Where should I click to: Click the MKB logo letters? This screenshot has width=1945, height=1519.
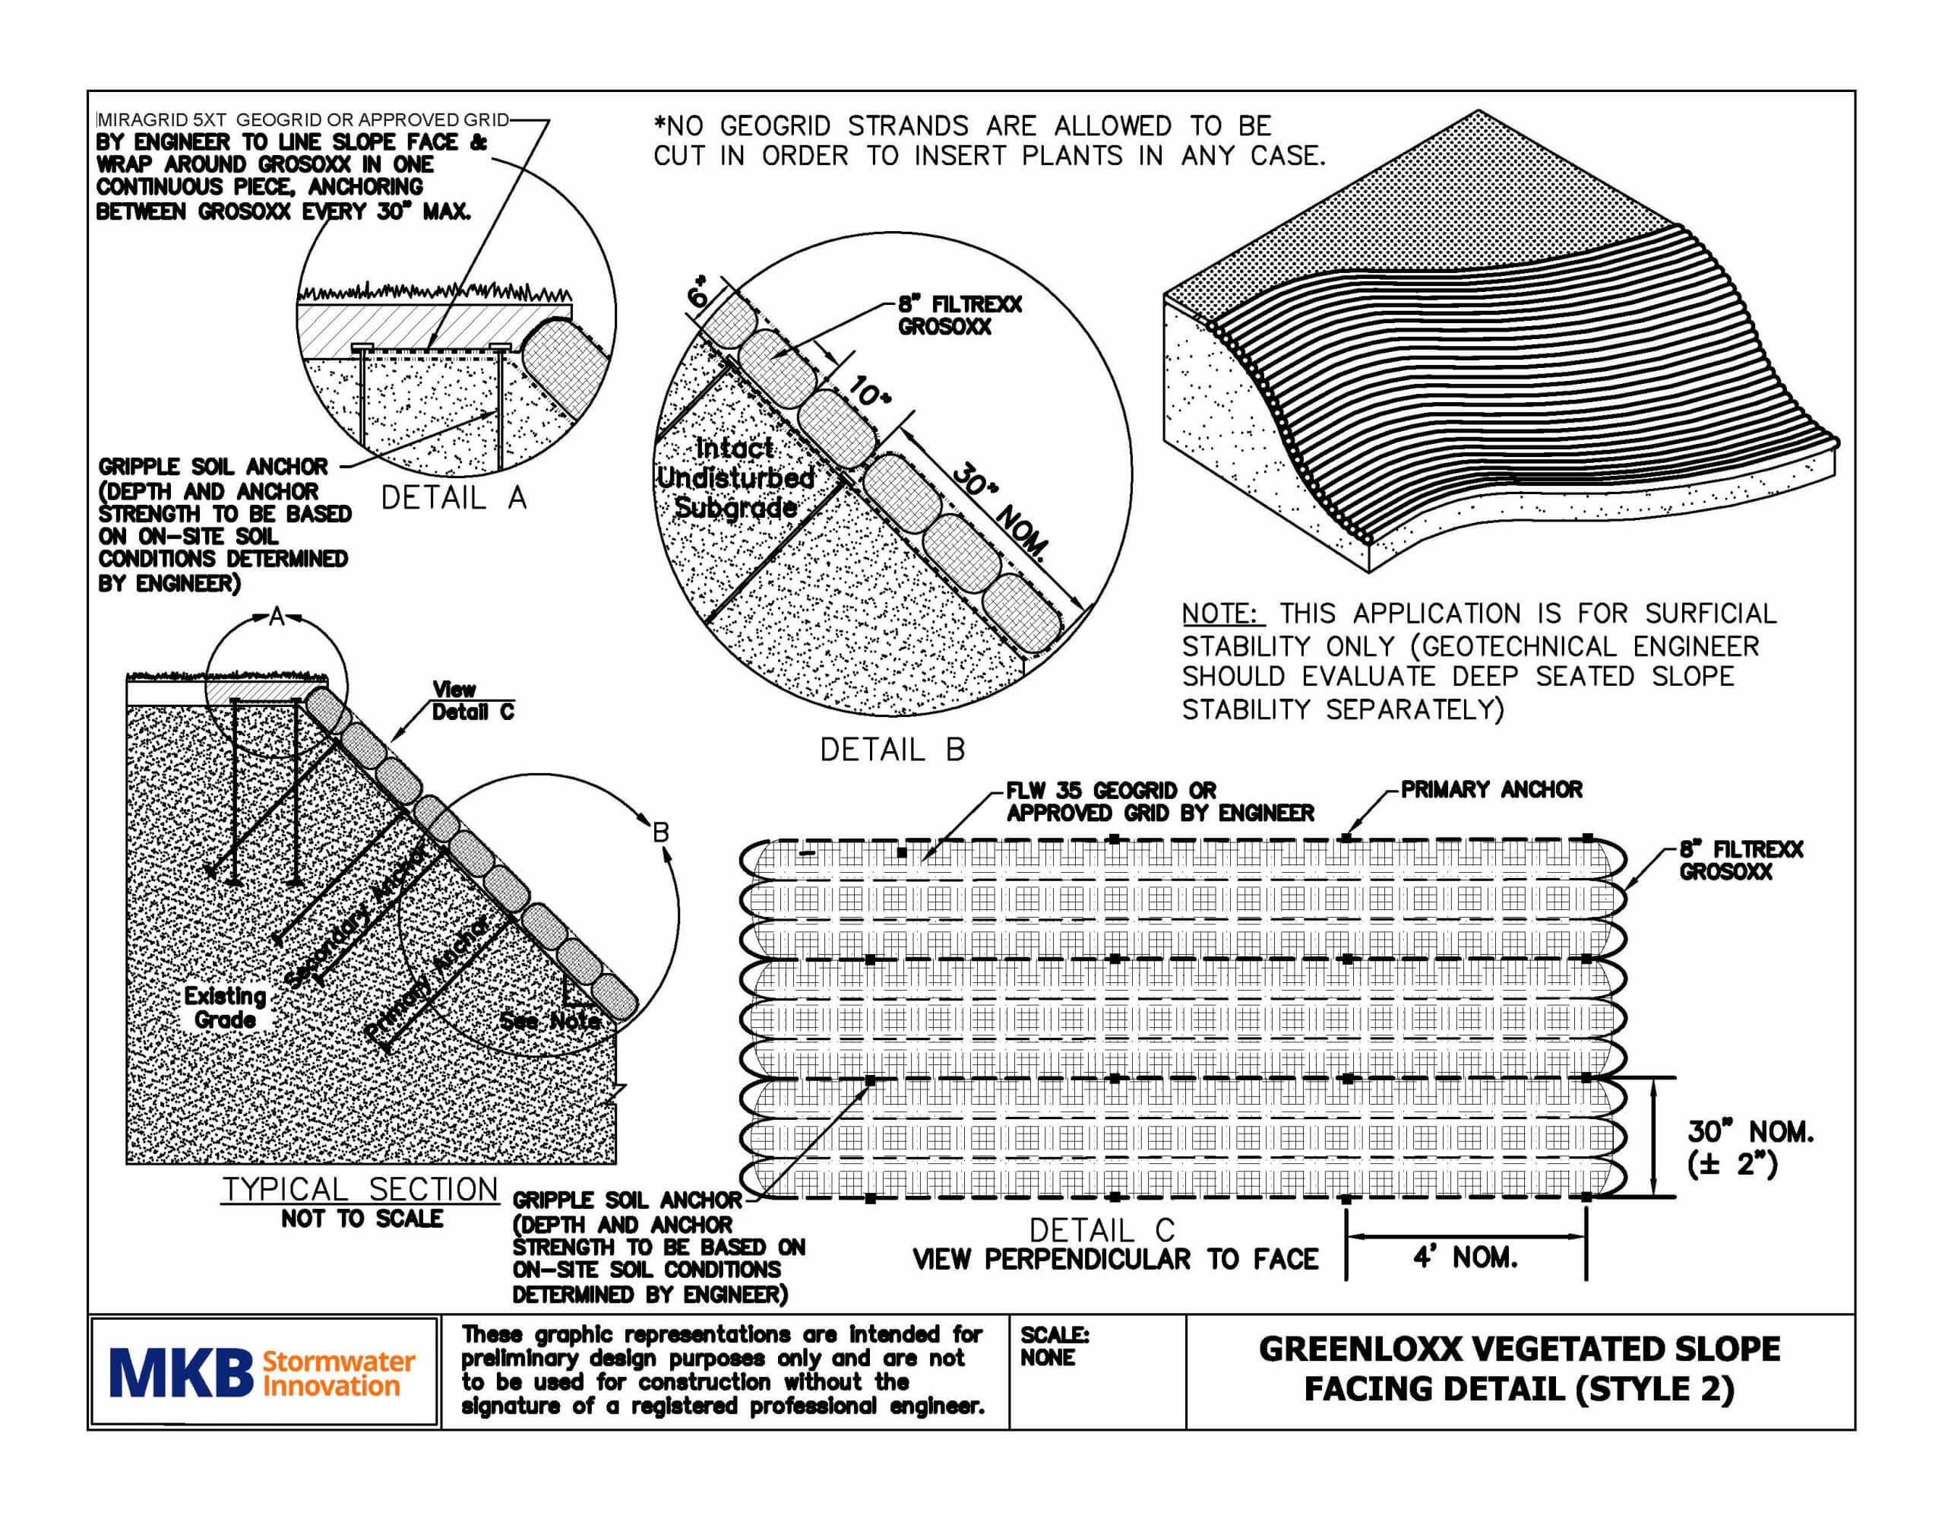(182, 1373)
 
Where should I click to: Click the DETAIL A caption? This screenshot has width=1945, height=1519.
(454, 498)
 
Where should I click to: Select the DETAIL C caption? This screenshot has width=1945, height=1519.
(1102, 1231)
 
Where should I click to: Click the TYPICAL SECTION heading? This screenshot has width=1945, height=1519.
(360, 1189)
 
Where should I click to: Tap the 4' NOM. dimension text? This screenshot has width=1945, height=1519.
(1465, 1258)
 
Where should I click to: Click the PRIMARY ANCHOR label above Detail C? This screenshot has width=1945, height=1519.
(1491, 789)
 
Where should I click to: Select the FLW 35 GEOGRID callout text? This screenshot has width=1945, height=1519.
(1158, 801)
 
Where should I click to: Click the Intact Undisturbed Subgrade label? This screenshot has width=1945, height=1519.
(735, 478)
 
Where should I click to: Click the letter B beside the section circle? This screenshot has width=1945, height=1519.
(661, 833)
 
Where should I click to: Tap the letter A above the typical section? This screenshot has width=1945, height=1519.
(277, 617)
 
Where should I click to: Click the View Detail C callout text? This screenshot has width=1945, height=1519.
(472, 700)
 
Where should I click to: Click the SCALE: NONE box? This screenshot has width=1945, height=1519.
(1055, 1346)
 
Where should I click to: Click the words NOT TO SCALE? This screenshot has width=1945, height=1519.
(362, 1219)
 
